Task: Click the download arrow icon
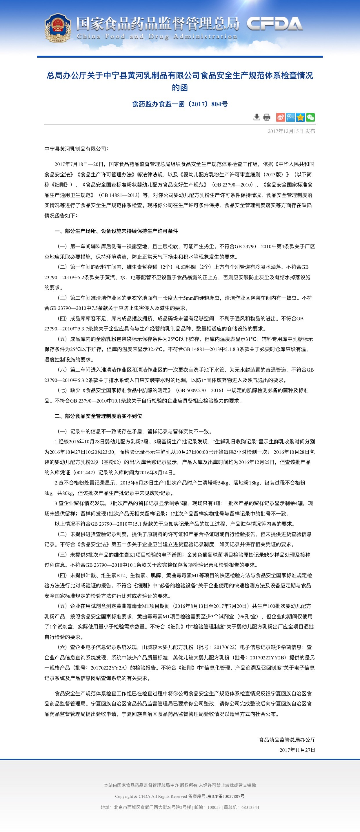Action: [x=257, y=117]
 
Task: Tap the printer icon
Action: [x=267, y=117]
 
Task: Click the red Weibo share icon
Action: [x=281, y=117]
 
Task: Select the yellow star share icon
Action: [x=301, y=117]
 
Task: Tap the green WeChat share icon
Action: [x=310, y=117]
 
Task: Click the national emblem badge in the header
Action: [x=58, y=28]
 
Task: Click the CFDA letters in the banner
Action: [x=275, y=24]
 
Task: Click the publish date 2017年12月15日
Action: [x=286, y=131]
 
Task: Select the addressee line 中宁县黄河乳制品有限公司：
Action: [x=76, y=149]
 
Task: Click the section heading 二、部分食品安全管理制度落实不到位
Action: [x=98, y=416]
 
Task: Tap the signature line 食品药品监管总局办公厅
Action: [x=287, y=740]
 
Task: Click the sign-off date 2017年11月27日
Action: [x=297, y=750]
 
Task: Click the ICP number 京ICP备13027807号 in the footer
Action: [x=226, y=796]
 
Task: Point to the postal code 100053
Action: [x=214, y=807]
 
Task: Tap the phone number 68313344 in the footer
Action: [x=250, y=807]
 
